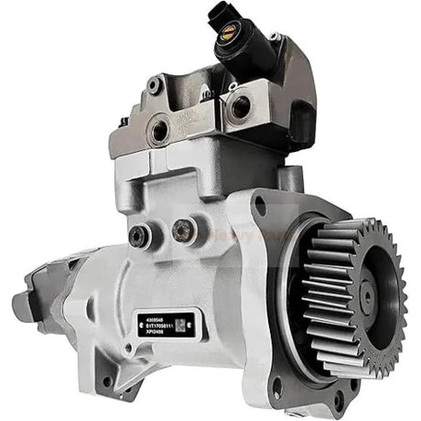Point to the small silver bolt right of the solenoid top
point(275,38)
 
